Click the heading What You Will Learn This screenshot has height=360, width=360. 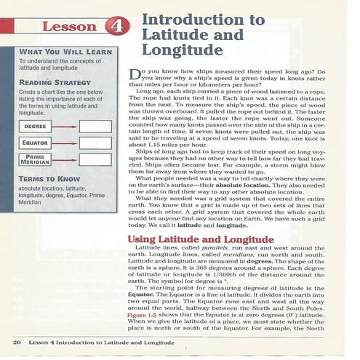pyautogui.click(x=61, y=53)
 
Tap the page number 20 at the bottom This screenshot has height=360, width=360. pyautogui.click(x=16, y=341)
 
